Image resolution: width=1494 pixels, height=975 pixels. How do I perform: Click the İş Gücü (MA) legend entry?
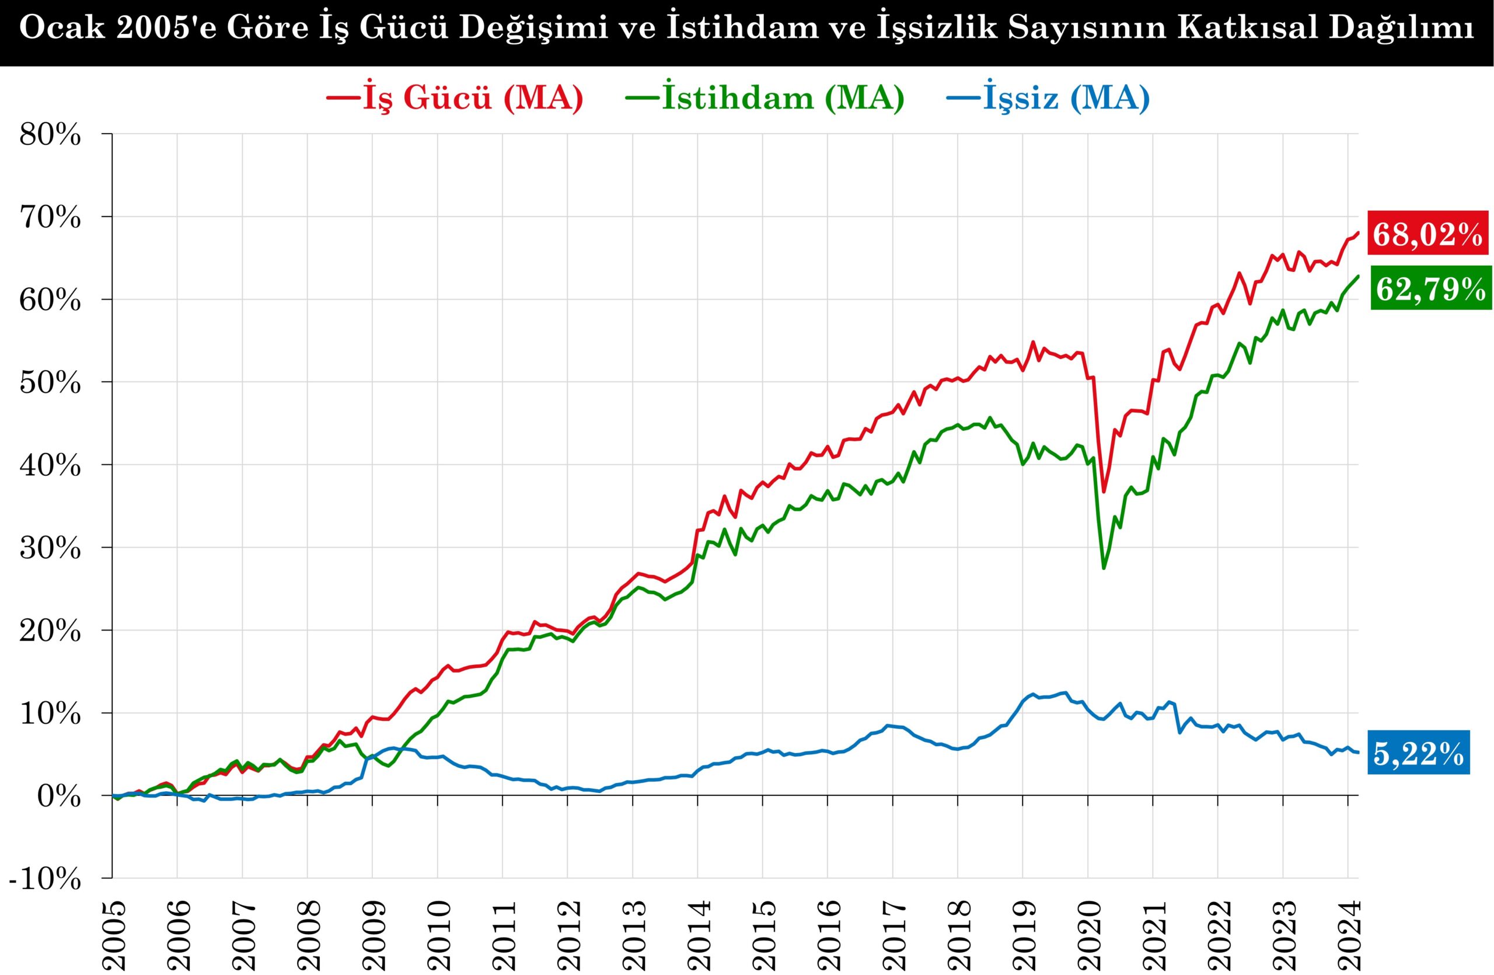[x=455, y=98]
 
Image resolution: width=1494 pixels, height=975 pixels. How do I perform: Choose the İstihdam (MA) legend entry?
[x=765, y=98]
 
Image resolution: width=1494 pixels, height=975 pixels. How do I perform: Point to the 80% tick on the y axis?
[x=50, y=134]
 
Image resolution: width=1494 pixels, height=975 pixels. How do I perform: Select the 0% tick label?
[x=60, y=797]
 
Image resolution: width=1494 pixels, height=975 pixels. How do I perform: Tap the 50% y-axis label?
[x=50, y=383]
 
